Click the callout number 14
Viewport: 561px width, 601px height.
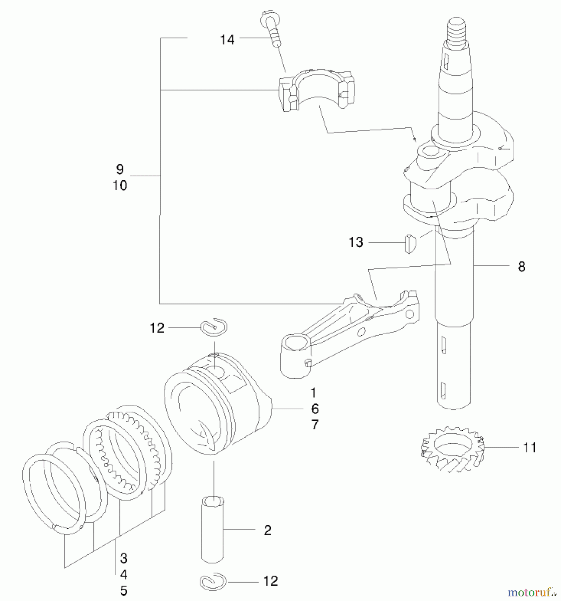pyautogui.click(x=227, y=40)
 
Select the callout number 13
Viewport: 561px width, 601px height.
pyautogui.click(x=356, y=242)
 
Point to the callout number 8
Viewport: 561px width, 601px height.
pyautogui.click(x=522, y=266)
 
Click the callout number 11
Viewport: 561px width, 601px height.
pyautogui.click(x=530, y=447)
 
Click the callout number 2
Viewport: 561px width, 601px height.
pyautogui.click(x=267, y=530)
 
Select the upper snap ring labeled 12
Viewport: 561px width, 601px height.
pyautogui.click(x=215, y=327)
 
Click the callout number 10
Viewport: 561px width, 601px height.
pyautogui.click(x=120, y=186)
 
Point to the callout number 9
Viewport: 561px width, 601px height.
pyautogui.click(x=120, y=170)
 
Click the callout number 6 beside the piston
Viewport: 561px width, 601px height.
pyautogui.click(x=315, y=409)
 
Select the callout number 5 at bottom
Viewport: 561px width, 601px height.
pyautogui.click(x=124, y=591)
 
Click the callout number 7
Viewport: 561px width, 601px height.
pyautogui.click(x=315, y=425)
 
